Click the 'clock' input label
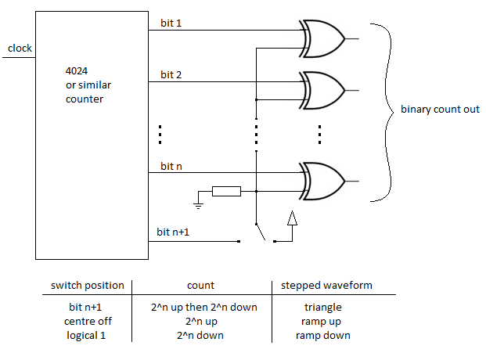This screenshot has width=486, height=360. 20,48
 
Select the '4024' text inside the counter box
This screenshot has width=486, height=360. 77,71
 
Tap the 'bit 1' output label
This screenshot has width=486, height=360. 171,23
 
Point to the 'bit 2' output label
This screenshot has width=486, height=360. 171,74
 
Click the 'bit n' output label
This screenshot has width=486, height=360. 171,166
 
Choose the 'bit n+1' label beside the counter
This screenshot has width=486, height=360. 173,232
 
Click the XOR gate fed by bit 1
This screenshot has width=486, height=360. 322,39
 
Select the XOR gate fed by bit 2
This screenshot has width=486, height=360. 322,91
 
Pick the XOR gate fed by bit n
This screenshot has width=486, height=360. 322,181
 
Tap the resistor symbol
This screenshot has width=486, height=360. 227,191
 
